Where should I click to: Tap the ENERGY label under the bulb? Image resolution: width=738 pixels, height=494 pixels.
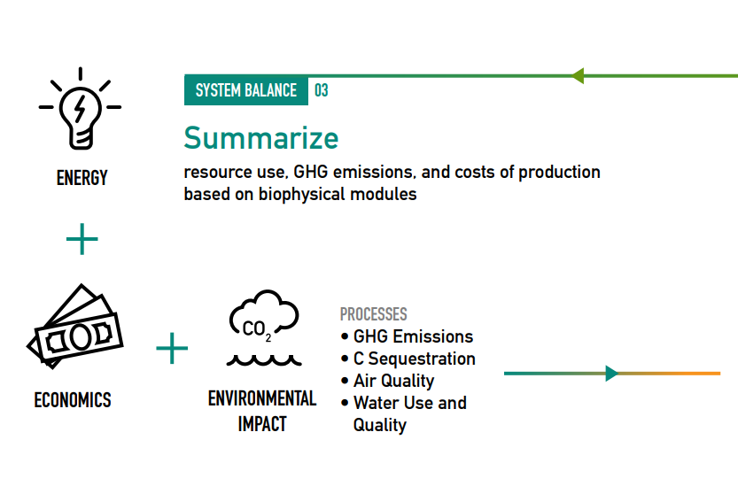(x=82, y=178)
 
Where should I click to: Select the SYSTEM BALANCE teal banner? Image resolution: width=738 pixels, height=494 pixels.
(x=246, y=90)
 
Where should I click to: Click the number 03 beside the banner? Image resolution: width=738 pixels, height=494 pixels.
(x=322, y=90)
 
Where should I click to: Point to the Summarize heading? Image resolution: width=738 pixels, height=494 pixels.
(x=261, y=138)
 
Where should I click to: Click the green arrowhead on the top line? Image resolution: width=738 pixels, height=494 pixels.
(x=577, y=76)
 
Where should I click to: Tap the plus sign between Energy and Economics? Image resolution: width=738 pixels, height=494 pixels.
(x=82, y=239)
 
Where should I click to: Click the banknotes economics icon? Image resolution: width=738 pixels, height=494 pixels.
(x=75, y=327)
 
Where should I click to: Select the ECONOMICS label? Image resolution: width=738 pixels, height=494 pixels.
(x=73, y=400)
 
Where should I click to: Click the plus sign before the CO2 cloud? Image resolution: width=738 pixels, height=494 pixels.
(x=172, y=348)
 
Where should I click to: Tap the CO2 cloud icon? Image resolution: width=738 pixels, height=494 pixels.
(x=264, y=316)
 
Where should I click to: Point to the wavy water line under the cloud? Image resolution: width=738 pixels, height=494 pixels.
(x=264, y=361)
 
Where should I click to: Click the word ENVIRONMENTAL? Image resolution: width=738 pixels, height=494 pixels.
(x=262, y=398)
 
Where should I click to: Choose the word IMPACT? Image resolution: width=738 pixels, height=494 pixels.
(x=262, y=424)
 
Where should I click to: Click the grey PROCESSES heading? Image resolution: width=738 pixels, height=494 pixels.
(x=374, y=314)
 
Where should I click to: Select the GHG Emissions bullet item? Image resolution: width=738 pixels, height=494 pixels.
(x=408, y=337)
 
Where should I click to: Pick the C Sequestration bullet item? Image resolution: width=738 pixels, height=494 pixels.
(x=408, y=359)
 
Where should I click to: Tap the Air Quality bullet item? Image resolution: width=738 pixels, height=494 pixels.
(x=387, y=381)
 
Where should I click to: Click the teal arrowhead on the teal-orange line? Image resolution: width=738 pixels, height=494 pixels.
(x=612, y=374)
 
